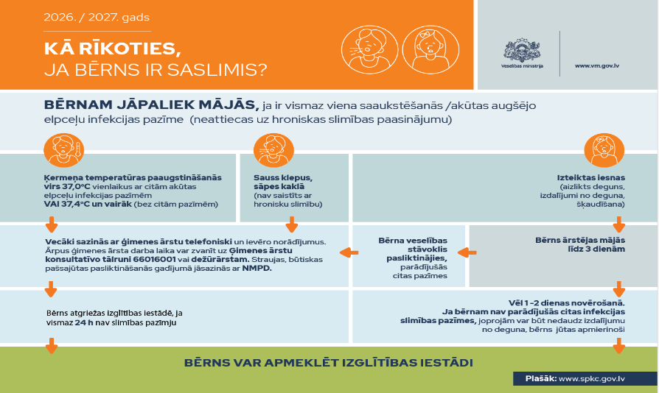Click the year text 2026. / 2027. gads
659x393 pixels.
tap(97, 17)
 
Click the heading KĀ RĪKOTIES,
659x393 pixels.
tap(113, 49)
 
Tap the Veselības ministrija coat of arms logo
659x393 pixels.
tap(522, 50)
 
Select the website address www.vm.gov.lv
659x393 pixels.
tap(597, 65)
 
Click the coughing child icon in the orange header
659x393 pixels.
tap(370, 50)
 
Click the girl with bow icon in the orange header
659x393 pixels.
tap(430, 50)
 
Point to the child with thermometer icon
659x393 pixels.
tap(64, 150)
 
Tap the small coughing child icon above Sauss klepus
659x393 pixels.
tap(273, 150)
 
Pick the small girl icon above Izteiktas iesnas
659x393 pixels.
tap(604, 150)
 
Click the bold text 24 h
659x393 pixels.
tap(84, 323)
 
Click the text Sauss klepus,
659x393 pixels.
tap(283, 178)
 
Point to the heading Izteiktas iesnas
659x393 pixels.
tap(591, 178)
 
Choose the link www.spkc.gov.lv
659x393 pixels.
tap(592, 379)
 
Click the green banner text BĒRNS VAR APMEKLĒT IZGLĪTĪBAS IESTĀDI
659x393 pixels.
tap(329, 363)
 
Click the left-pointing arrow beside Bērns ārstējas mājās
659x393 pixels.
tap(467, 252)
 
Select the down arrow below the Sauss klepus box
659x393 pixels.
tap(291, 224)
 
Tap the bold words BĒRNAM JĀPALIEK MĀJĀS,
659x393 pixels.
tap(151, 105)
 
